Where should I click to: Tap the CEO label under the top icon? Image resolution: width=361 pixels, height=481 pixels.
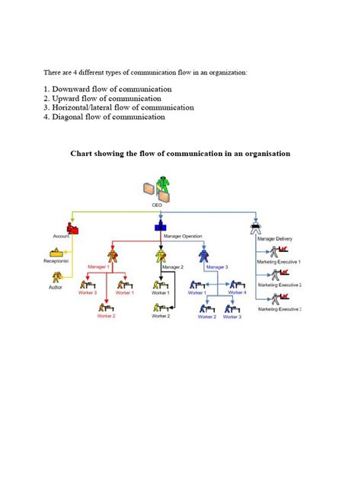(157, 204)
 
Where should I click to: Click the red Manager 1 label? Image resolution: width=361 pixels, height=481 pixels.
(99, 266)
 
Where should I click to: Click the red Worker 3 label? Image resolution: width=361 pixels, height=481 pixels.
(86, 293)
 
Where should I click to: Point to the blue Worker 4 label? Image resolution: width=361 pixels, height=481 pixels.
(237, 292)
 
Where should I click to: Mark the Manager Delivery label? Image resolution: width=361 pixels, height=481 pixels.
(274, 239)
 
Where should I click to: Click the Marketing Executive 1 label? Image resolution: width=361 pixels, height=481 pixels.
(280, 261)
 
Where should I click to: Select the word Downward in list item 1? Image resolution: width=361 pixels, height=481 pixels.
(72, 89)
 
